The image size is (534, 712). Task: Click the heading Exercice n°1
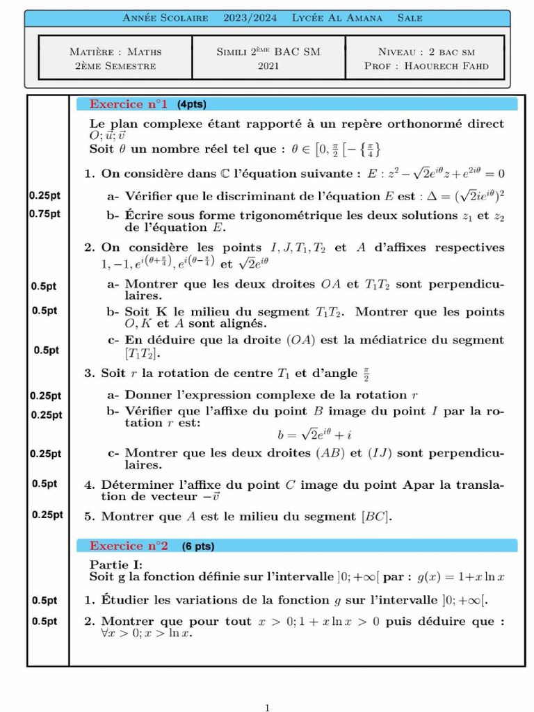point(129,104)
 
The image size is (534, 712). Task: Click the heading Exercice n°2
point(129,546)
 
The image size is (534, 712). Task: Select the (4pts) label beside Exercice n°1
point(192,104)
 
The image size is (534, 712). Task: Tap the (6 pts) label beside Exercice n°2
point(198,547)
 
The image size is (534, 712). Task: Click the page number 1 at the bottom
point(268,708)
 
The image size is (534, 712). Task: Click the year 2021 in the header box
point(268,66)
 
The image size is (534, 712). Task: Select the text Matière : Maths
point(115,51)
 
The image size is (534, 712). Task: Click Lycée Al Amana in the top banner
point(337,18)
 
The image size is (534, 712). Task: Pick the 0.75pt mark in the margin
point(45,213)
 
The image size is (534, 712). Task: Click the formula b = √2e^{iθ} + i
point(316,435)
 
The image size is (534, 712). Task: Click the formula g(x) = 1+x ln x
point(460,576)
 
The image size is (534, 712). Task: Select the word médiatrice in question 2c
point(379,340)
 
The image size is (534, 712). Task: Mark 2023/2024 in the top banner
point(250,18)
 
